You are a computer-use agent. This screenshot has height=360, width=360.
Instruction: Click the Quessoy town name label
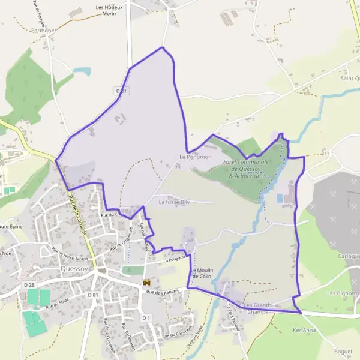click(75, 269)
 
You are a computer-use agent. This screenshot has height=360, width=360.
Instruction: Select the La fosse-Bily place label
click(174, 203)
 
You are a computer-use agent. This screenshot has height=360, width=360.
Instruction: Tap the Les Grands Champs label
click(259, 308)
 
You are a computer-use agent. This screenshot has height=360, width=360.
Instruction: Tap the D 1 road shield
click(145, 317)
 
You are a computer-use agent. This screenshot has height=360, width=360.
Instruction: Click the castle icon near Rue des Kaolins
click(145, 281)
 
